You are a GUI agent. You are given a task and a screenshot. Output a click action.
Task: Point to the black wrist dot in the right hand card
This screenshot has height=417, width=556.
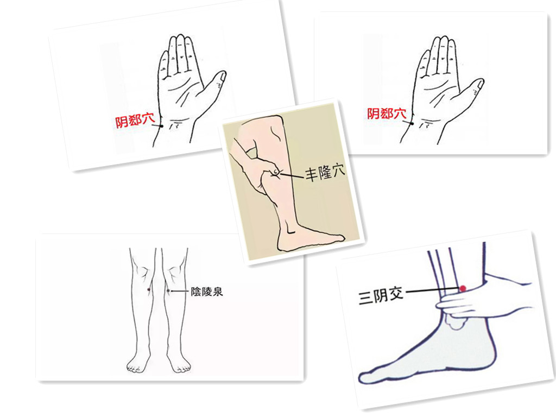412,123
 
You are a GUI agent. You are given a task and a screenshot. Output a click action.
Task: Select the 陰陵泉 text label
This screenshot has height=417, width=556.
206,292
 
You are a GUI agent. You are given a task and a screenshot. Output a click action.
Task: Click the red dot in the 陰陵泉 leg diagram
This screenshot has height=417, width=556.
149,290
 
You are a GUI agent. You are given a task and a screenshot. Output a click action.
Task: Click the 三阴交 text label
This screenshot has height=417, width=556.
381,296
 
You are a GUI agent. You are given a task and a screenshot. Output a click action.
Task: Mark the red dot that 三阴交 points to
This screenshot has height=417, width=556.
463,288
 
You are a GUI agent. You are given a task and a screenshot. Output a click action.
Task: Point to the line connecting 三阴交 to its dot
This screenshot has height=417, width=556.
432,291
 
